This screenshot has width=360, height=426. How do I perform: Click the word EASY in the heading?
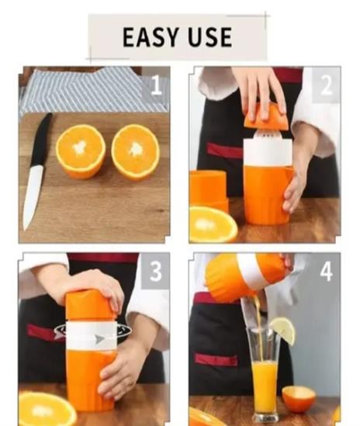(x=151, y=37)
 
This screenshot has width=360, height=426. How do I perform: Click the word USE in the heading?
(x=210, y=37)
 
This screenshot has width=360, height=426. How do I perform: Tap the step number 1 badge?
(x=156, y=85)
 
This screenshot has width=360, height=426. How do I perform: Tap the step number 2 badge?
(x=326, y=85)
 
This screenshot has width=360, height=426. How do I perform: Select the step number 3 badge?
(x=156, y=271)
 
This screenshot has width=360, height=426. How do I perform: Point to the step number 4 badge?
(x=326, y=272)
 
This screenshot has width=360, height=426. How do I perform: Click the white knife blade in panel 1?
(x=33, y=197)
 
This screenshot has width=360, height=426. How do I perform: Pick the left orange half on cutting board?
(x=81, y=151)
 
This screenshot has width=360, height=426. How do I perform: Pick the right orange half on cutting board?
(x=135, y=151)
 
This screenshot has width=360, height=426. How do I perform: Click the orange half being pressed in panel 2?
(x=266, y=117)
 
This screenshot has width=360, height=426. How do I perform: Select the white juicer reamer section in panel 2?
(x=268, y=150)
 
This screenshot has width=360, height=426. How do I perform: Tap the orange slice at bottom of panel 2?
(x=213, y=224)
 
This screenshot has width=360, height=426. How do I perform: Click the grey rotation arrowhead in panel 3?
(x=99, y=338)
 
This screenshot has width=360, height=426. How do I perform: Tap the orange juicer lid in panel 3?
(x=90, y=306)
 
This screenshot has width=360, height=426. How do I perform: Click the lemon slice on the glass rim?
(x=283, y=331)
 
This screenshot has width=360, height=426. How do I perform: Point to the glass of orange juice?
(x=264, y=375)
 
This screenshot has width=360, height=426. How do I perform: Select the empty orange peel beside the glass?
(x=299, y=399)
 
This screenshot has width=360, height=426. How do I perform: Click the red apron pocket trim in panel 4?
(x=216, y=360)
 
